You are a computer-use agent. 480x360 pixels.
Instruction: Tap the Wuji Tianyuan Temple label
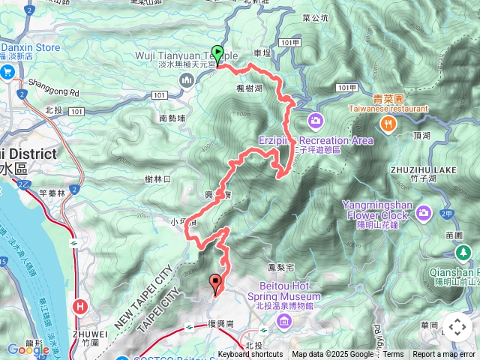click(x=187, y=55)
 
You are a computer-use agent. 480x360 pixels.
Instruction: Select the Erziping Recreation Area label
click(x=315, y=140)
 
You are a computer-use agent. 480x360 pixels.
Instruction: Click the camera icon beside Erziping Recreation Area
click(x=315, y=120)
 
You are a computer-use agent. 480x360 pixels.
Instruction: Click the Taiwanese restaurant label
click(x=388, y=108)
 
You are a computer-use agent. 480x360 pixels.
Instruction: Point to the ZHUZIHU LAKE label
click(x=422, y=170)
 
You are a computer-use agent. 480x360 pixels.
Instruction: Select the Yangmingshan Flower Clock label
click(x=375, y=210)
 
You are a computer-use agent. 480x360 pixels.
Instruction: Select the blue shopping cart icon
click(x=8, y=73)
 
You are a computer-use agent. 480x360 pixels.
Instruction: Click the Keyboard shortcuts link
click(x=250, y=355)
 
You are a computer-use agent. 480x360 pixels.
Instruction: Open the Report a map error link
click(x=444, y=355)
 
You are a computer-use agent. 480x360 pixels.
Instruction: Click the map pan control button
click(x=457, y=326)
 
